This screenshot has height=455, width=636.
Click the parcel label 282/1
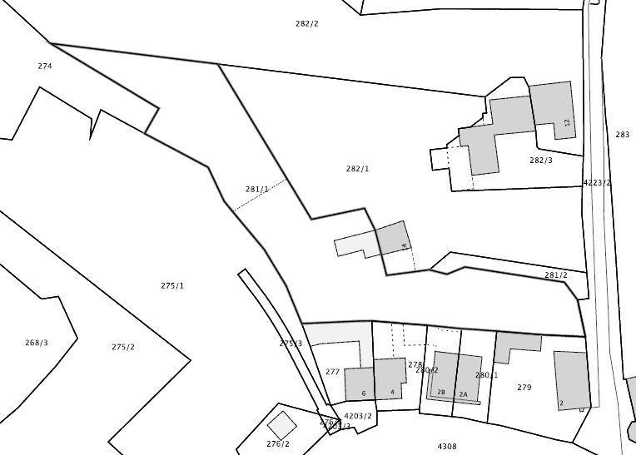point(357,169)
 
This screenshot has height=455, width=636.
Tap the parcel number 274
point(45,66)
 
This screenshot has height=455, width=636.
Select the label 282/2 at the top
point(306,23)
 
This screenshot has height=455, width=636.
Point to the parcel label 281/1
point(256,190)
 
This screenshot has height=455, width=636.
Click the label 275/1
point(172,285)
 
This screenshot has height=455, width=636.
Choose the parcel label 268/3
point(37,343)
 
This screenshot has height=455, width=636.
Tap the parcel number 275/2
point(123,347)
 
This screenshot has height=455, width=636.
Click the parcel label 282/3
point(540,161)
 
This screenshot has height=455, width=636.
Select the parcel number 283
point(623,135)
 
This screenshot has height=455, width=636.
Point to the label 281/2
point(555,275)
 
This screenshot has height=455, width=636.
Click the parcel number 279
point(524,388)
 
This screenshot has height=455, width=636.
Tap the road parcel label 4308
point(447,447)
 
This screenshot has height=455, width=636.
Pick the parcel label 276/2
point(278,444)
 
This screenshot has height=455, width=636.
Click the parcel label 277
point(332,372)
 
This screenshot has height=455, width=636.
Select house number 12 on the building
point(567,123)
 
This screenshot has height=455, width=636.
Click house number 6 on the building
point(364,393)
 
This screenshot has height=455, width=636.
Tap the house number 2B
point(441,393)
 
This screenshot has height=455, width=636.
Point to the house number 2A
point(464,394)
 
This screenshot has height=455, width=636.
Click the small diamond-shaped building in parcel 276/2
point(281,425)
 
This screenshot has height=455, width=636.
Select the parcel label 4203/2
point(358,416)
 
